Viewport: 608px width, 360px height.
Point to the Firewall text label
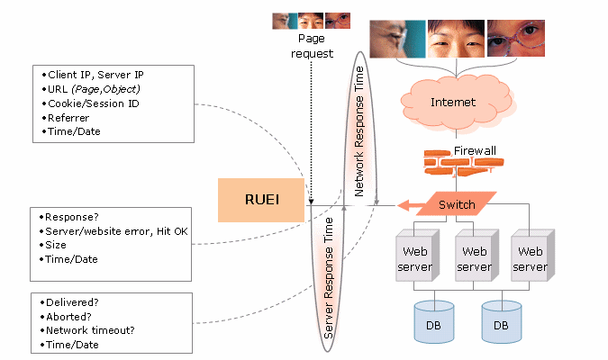click(x=475, y=149)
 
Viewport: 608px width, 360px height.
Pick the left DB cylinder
click(x=433, y=322)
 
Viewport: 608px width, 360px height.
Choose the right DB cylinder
click(x=501, y=322)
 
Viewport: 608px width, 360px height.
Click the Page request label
click(x=312, y=46)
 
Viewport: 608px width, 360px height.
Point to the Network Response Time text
click(x=359, y=130)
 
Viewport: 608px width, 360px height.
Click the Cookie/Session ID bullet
click(x=87, y=103)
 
